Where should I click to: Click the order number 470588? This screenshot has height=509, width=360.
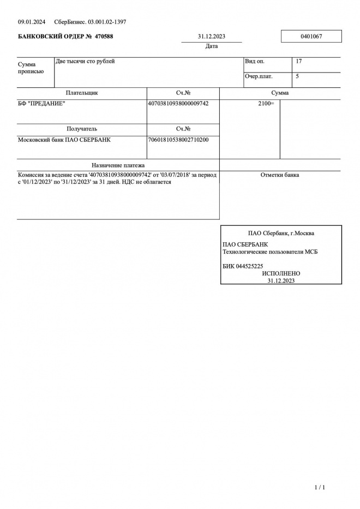click(103, 37)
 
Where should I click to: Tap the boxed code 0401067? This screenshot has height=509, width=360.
click(311, 37)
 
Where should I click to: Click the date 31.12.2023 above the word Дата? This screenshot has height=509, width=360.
click(212, 37)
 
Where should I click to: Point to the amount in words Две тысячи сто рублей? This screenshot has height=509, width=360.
click(86, 62)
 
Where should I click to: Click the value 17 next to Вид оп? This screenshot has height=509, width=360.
click(298, 62)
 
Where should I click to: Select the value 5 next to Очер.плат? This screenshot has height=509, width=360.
click(297, 76)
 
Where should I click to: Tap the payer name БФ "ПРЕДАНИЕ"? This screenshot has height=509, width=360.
click(41, 103)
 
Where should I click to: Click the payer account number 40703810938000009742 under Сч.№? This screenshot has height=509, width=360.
click(178, 103)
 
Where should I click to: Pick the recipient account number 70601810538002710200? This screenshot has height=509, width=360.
click(178, 140)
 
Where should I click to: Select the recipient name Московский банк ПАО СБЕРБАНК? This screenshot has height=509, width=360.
click(64, 140)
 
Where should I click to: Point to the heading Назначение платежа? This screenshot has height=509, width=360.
click(118, 165)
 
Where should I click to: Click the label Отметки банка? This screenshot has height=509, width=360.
click(280, 175)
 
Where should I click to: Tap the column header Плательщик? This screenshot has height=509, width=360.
click(82, 93)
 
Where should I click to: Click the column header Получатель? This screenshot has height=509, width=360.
click(82, 129)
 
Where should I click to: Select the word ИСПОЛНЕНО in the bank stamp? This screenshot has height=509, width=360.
click(281, 273)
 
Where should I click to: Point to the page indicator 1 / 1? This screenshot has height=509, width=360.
click(320, 487)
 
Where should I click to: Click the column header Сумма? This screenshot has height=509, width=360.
click(280, 93)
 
